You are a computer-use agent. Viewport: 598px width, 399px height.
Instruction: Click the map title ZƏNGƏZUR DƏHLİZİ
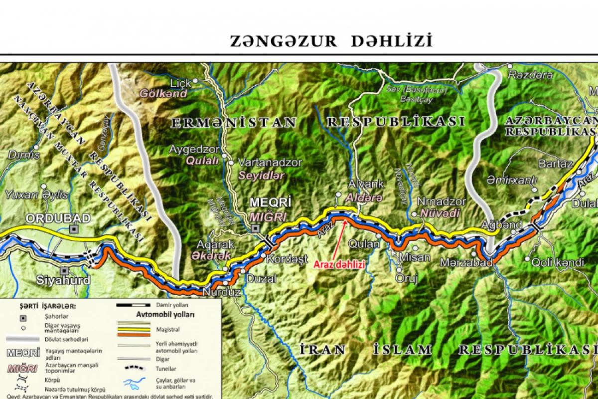click(x=331, y=41)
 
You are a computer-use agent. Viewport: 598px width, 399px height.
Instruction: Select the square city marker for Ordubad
click(x=74, y=229)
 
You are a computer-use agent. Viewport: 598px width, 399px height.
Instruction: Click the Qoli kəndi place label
click(x=557, y=262)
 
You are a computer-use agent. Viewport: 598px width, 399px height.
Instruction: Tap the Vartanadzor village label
click(x=270, y=163)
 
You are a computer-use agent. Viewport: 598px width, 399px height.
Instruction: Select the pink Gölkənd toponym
click(x=163, y=93)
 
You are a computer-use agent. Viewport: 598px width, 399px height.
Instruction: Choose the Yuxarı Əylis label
click(x=36, y=195)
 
